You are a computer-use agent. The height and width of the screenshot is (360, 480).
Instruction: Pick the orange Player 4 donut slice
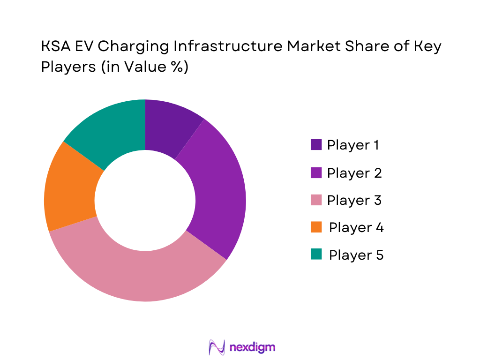(x=70, y=187)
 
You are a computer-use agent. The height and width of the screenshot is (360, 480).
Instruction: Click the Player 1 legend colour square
(x=316, y=145)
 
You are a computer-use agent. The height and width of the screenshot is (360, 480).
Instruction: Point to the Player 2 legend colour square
(x=316, y=172)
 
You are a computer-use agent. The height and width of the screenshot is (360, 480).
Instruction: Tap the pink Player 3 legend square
(x=316, y=200)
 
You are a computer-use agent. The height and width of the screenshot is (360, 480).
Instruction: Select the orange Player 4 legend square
(x=316, y=227)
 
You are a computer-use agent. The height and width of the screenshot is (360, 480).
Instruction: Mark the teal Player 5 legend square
(x=316, y=255)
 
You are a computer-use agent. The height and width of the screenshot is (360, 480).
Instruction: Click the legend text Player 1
(x=353, y=145)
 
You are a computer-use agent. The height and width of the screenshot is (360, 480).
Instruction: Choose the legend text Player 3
(x=354, y=200)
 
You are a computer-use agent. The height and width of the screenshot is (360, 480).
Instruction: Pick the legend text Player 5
(x=356, y=255)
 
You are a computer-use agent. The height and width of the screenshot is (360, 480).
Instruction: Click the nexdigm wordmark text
(x=253, y=347)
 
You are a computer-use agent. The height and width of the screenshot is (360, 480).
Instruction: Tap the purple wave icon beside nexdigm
(x=217, y=347)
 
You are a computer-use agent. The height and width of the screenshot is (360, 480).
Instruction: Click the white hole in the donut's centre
(x=145, y=201)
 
